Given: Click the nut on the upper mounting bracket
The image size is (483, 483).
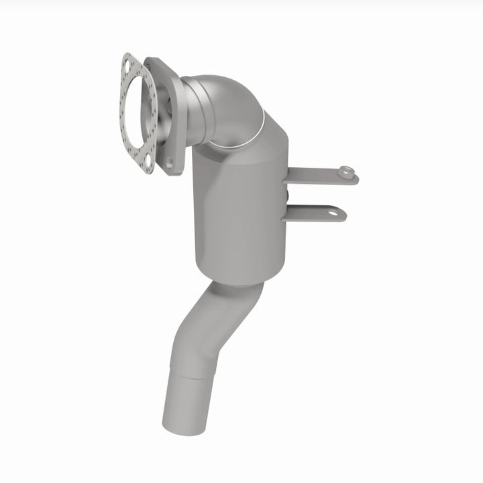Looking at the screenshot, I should tap(346, 171).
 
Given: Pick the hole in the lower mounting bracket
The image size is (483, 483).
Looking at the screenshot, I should tap(332, 213).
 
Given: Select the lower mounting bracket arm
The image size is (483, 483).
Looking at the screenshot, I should tap(312, 214).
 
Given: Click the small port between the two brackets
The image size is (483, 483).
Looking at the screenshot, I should tap(287, 195).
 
